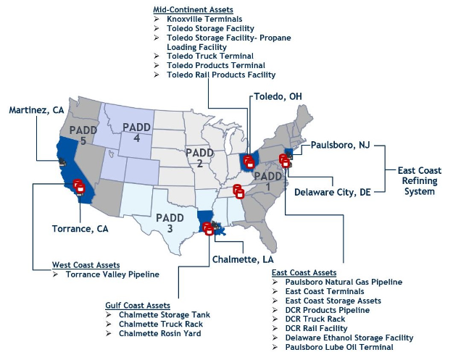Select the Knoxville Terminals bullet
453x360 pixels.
coord(204,19)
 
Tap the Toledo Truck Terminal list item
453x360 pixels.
coord(210,56)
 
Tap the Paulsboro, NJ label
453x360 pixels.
coord(340,146)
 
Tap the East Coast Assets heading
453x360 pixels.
coord(304,272)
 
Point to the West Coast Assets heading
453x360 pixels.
coord(86,265)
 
